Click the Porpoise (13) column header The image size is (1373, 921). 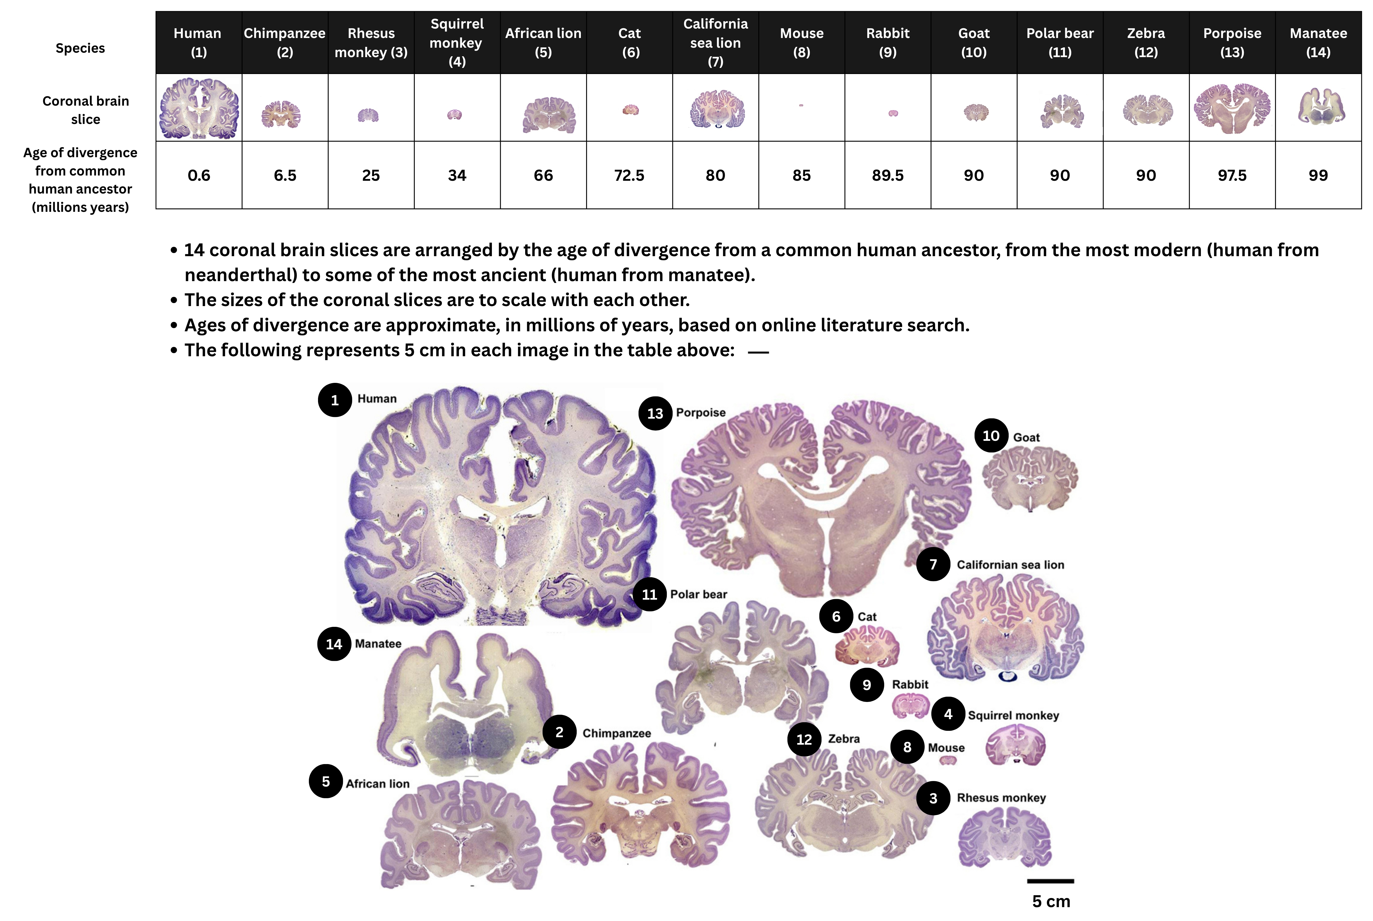coord(1232,42)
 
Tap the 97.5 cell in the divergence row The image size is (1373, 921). coord(1232,175)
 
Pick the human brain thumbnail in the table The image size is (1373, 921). coord(199,108)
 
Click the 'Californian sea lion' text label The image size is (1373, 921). coord(1010,564)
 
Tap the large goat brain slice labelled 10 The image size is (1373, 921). coord(1030,477)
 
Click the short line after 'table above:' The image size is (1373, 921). coord(758,352)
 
